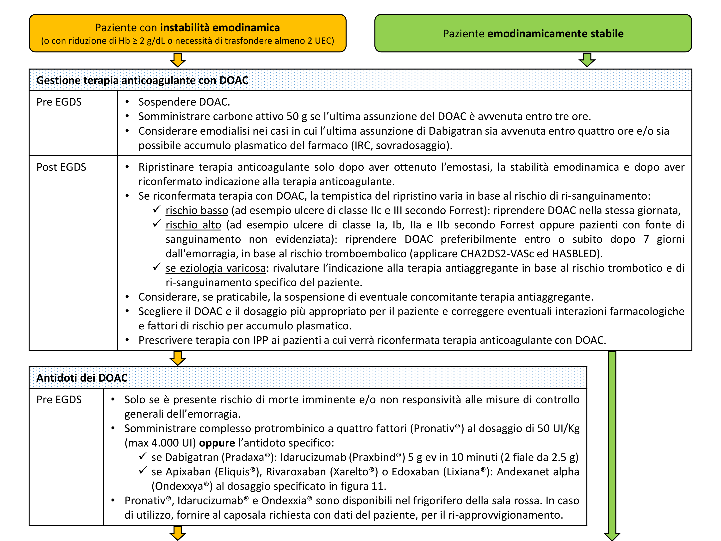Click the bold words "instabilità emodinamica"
(x=220, y=28)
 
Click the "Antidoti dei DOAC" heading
(x=82, y=378)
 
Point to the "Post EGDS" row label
(x=61, y=167)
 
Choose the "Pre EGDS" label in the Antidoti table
(x=59, y=399)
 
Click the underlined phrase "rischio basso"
(x=197, y=210)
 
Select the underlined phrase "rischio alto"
(x=193, y=225)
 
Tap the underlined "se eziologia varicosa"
(x=215, y=268)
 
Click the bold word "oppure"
(x=217, y=443)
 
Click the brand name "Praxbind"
(x=374, y=457)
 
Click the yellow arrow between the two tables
(x=178, y=358)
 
